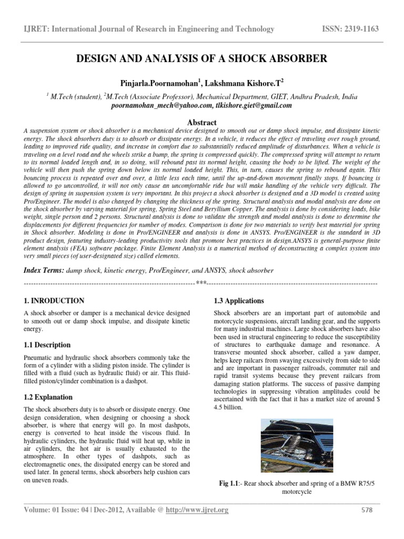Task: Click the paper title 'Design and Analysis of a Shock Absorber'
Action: point(202,58)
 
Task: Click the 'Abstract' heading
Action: point(202,122)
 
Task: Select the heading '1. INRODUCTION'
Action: point(54,301)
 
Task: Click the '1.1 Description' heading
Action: point(47,345)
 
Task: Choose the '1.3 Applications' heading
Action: point(239,301)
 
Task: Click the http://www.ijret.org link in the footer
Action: point(190,510)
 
